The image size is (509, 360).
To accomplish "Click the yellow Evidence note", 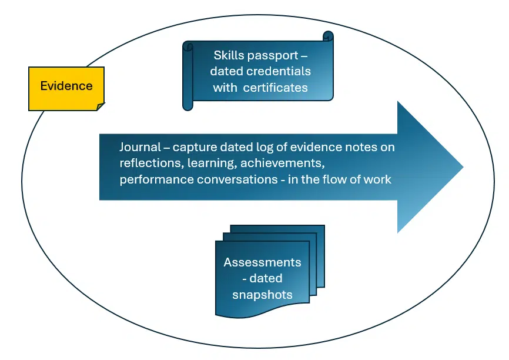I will click(x=66, y=86).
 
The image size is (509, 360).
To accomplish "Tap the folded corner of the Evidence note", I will click(x=100, y=106).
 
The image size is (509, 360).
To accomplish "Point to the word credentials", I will click(x=279, y=72).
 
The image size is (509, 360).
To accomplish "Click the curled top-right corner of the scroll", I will click(x=328, y=36).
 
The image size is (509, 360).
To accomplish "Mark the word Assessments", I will click(x=262, y=262).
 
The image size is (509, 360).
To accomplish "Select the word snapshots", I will click(x=262, y=294).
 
